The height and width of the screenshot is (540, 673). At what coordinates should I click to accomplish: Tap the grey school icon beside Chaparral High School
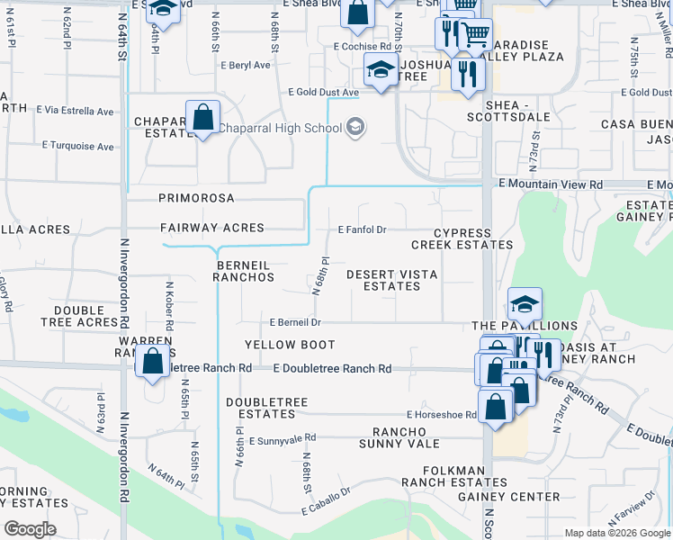[x=355, y=127]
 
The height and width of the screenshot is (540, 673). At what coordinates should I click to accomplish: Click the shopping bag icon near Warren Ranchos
[x=153, y=362]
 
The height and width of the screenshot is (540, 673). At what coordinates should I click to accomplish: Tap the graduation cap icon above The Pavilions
[x=525, y=304]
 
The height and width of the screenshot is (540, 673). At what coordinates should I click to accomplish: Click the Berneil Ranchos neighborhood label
[x=243, y=271]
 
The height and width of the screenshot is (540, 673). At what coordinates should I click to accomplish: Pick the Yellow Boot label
[x=290, y=345]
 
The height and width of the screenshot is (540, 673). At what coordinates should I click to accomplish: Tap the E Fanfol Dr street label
[x=362, y=229]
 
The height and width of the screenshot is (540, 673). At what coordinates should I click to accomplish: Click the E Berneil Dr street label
[x=295, y=322]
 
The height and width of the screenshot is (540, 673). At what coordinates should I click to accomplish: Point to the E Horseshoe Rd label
[x=440, y=415]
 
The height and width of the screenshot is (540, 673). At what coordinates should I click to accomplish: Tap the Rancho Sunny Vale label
[x=399, y=437]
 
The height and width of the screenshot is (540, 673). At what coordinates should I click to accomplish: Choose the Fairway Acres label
[x=212, y=229]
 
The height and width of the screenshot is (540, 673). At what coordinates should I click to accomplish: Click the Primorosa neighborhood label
[x=196, y=197]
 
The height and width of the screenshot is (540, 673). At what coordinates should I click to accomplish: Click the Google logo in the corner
[x=30, y=529]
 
